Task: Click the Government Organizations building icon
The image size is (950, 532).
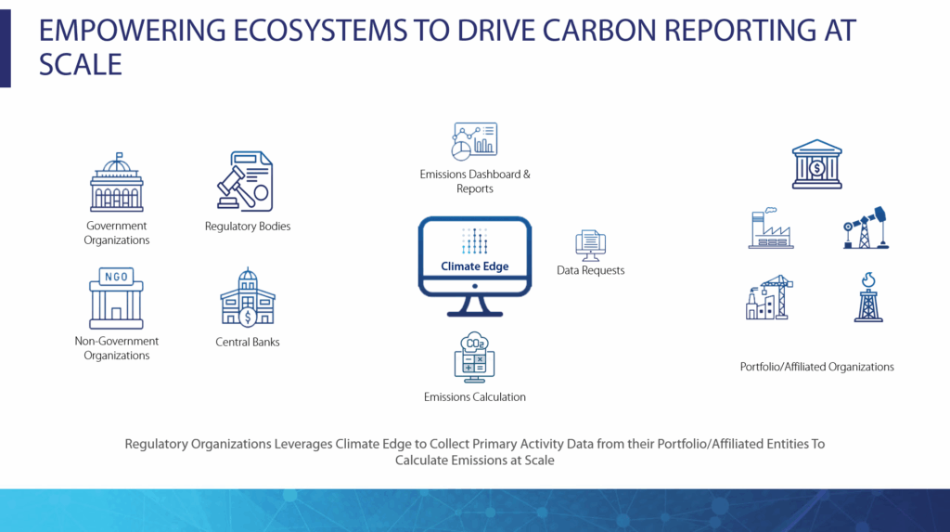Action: tap(116, 182)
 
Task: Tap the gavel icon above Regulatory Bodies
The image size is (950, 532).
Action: tap(245, 181)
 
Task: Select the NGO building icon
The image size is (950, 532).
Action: tap(116, 298)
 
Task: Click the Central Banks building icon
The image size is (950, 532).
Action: tap(247, 296)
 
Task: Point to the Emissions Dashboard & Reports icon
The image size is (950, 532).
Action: tap(474, 141)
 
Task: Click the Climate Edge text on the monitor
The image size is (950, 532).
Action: tap(474, 266)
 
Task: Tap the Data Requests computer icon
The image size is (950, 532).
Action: tap(591, 245)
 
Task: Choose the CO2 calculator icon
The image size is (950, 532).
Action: tap(474, 357)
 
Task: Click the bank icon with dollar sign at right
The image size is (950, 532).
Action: tap(816, 164)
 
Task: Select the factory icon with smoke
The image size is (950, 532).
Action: tap(771, 228)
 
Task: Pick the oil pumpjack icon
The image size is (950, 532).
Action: tap(866, 227)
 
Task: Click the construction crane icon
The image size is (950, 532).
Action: tap(769, 297)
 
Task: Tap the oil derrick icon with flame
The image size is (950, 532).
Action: tap(868, 297)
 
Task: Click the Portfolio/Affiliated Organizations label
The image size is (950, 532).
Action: tap(816, 367)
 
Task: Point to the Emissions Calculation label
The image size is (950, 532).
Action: tap(474, 397)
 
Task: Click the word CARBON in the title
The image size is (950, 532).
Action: tap(598, 31)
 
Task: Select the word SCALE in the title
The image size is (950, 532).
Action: tap(81, 64)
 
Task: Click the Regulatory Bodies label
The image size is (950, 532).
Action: tap(247, 227)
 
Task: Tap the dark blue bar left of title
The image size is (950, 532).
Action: tap(6, 48)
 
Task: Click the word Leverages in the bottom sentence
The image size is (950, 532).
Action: tap(303, 444)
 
